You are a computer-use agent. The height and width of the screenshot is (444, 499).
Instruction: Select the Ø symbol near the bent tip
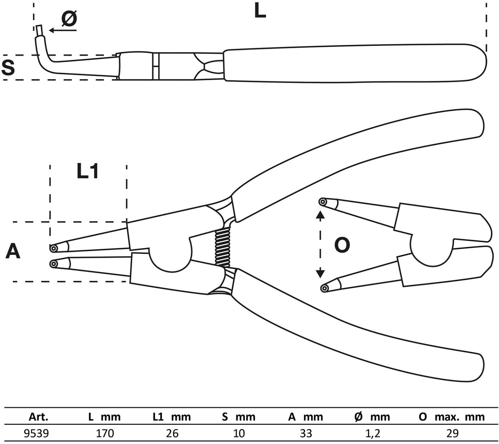[x=69, y=19]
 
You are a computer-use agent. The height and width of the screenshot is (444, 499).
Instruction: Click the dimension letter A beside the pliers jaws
[x=13, y=251]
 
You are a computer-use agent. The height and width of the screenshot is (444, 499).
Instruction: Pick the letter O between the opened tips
[x=342, y=245]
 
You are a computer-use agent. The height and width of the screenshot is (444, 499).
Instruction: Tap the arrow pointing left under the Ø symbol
[x=63, y=30]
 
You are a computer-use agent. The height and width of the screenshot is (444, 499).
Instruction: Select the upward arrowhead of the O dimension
[x=320, y=215]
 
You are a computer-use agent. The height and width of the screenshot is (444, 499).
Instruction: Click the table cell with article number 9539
[x=36, y=433]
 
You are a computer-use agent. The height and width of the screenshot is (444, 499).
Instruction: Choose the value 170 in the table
[x=105, y=433]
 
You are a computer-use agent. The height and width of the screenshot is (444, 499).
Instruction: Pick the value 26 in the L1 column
[x=172, y=433]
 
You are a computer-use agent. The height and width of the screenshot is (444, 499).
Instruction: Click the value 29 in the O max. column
[x=452, y=433]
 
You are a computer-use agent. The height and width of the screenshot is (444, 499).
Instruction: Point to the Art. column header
[x=38, y=417]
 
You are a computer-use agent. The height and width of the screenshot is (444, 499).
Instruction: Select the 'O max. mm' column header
[x=452, y=417]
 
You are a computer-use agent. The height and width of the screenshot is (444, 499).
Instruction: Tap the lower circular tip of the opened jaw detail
[x=325, y=288]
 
